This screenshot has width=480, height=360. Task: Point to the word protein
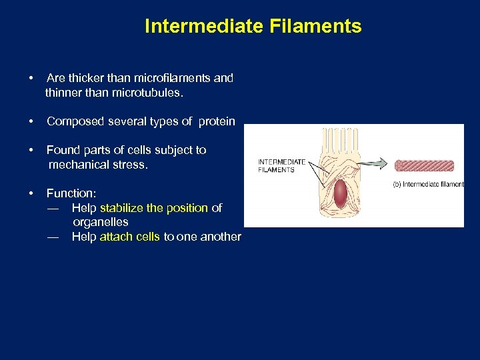pos(217,121)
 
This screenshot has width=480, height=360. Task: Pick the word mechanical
pos(77,164)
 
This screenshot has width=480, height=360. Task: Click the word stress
pos(129,164)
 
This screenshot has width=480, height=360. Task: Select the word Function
pos(71,193)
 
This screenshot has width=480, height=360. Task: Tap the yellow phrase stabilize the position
pos(154,208)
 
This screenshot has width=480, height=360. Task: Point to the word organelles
pos(100,222)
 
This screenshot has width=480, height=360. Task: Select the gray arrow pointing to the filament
pos(374,163)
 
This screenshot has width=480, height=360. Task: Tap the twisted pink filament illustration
pos(424,166)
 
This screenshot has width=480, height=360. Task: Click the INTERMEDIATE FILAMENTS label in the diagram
pos(281,166)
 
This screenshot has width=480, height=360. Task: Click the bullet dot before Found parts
pos(32,150)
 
